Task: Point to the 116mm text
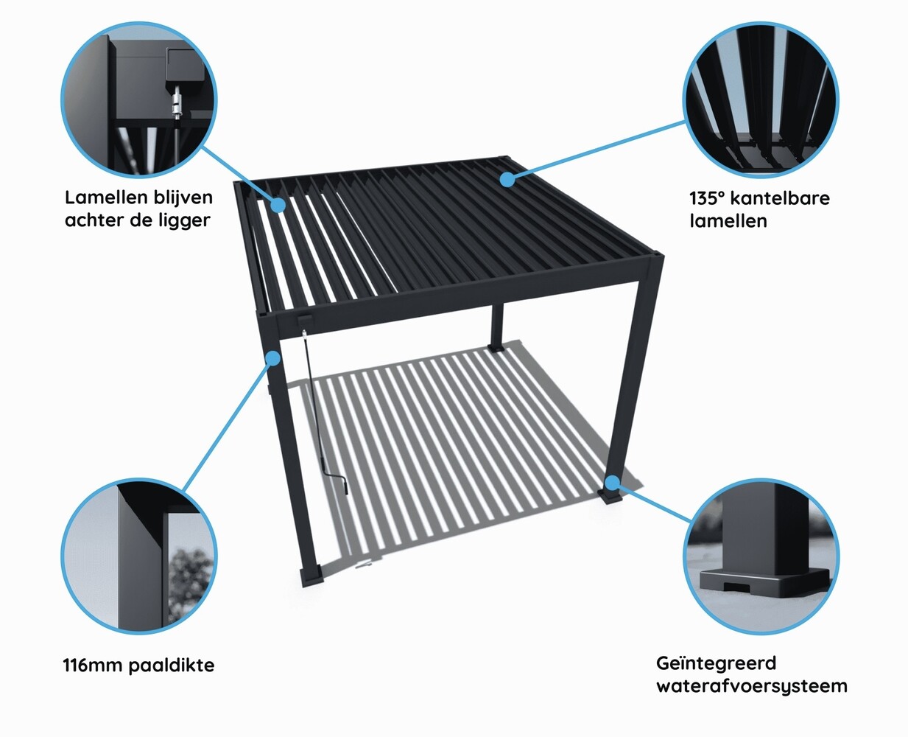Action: tap(93, 666)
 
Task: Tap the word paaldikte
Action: tap(172, 666)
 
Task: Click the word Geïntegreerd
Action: tap(716, 663)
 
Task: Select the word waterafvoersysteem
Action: tap(751, 686)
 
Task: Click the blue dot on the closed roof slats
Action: tap(507, 178)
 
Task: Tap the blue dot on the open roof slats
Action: tap(278, 205)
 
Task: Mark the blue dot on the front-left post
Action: tap(273, 358)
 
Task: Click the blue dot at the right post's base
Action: tap(613, 483)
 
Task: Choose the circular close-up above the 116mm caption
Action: tap(138, 556)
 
